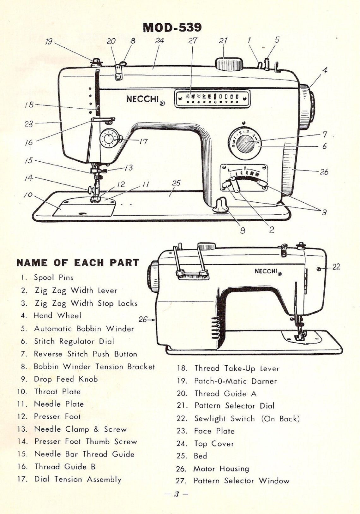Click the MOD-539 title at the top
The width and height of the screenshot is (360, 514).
[x=172, y=27]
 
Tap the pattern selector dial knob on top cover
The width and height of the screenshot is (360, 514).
[x=229, y=64]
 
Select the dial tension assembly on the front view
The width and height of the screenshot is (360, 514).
[x=109, y=139]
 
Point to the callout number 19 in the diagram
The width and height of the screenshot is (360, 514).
[x=49, y=41]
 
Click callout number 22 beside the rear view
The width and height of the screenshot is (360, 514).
[x=336, y=267]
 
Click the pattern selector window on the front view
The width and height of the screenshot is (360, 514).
[x=212, y=99]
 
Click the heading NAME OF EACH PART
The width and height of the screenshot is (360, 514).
[x=78, y=263]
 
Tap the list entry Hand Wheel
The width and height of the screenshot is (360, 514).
[x=57, y=315]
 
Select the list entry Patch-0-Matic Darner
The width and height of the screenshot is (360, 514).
[x=235, y=381]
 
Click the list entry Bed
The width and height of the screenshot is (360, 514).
[x=200, y=456]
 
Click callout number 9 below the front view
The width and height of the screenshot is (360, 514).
[x=243, y=230]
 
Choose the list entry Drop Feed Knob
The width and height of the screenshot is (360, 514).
[x=66, y=379]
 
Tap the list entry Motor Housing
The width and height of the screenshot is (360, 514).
[x=221, y=469]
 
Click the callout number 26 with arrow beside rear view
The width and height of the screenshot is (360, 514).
[x=144, y=320]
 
